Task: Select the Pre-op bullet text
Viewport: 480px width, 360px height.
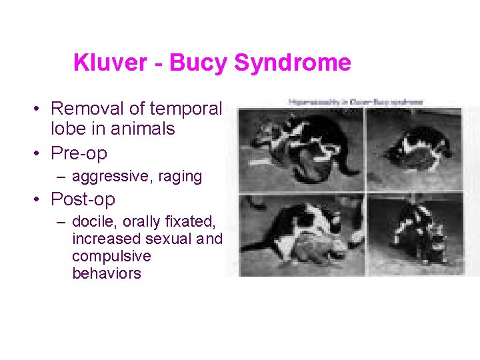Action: (79, 153)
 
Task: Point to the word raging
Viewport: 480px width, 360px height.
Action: (179, 177)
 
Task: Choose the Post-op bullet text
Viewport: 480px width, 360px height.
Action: (83, 199)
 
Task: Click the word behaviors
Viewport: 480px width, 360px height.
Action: (107, 273)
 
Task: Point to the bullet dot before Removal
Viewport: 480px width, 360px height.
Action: (41, 109)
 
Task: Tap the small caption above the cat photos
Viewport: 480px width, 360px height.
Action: (356, 101)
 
